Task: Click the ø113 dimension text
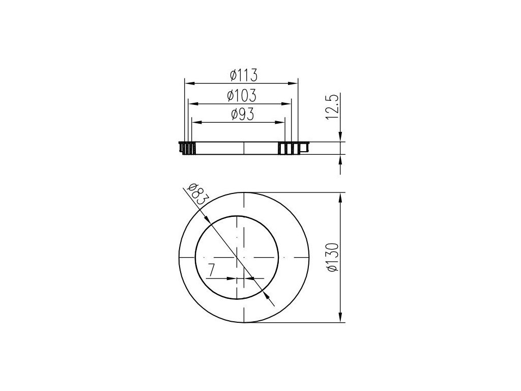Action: (244, 75)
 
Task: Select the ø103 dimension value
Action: (242, 96)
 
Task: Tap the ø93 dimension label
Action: (243, 115)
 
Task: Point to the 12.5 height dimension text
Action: (332, 107)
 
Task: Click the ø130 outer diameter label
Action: (332, 257)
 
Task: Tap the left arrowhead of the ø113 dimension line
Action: (189, 83)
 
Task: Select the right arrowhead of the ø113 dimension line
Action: (293, 83)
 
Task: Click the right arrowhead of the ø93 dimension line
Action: (280, 122)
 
